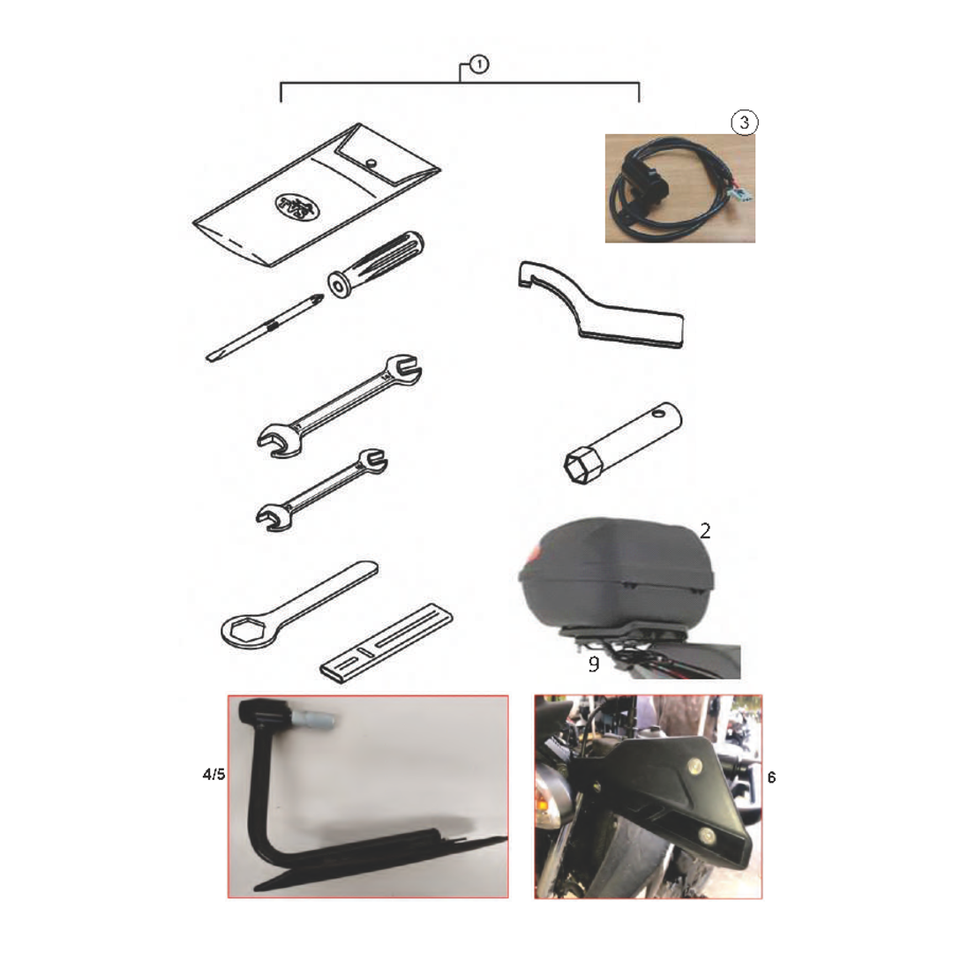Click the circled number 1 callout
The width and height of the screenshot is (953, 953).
pyautogui.click(x=479, y=64)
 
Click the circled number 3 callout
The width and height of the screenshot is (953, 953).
pyautogui.click(x=745, y=123)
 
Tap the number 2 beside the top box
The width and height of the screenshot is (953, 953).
pyautogui.click(x=705, y=531)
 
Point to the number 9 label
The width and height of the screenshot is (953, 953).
pyautogui.click(x=594, y=664)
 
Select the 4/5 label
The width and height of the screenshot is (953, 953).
pyautogui.click(x=214, y=775)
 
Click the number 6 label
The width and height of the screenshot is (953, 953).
pyautogui.click(x=772, y=777)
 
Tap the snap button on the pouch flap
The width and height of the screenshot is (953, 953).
pyautogui.click(x=371, y=163)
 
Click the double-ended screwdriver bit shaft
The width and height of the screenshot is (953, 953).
pyautogui.click(x=265, y=327)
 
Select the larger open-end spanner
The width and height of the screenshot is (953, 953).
pyautogui.click(x=339, y=405)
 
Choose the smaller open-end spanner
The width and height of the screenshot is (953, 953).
pyautogui.click(x=321, y=490)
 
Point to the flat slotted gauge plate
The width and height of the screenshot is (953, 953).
pyautogui.click(x=386, y=643)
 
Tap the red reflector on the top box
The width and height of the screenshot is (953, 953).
pyautogui.click(x=534, y=554)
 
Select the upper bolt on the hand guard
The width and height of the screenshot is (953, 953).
pyautogui.click(x=694, y=768)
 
